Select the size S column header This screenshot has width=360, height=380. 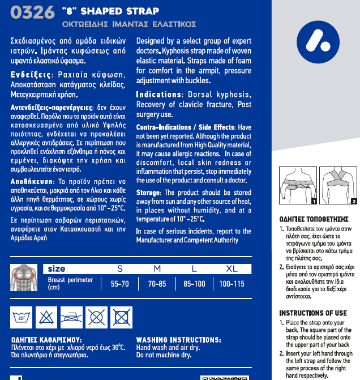119,268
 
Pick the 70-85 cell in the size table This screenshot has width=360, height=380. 157,284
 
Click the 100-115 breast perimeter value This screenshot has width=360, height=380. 232,284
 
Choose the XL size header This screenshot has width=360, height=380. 232,268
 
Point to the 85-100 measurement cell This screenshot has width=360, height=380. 194,284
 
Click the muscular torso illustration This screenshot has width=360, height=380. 24,277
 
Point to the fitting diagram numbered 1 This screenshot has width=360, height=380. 298,186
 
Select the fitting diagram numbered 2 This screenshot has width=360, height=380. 338,186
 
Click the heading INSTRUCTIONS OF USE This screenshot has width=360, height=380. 313,313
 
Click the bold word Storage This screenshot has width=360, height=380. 148,193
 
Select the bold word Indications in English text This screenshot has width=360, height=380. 158,95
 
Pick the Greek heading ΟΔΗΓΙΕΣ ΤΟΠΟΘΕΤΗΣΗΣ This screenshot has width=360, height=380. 314,219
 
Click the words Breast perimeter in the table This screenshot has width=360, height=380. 71,280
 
